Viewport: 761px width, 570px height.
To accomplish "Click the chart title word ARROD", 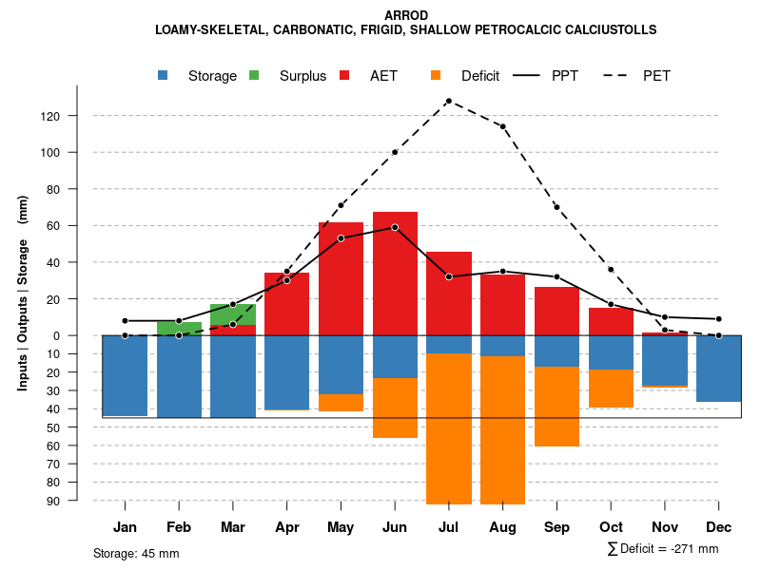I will tap(406, 15).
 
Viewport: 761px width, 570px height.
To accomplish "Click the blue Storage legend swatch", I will tap(164, 76).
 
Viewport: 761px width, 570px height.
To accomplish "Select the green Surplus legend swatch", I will tap(254, 76).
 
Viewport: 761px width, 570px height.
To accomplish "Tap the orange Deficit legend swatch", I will tap(436, 76).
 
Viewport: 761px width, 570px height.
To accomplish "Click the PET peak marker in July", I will tap(448, 101).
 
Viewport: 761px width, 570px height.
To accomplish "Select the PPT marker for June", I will tap(395, 227).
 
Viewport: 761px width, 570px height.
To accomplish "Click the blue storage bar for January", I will tap(125, 375).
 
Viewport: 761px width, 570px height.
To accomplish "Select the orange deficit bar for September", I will tap(556, 406).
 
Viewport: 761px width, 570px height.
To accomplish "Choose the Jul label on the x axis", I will tap(449, 527).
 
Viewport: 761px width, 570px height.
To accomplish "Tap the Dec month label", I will tap(718, 527).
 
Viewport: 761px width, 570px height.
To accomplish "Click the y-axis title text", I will tap(23, 292).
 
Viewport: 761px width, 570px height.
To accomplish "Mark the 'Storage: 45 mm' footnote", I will tap(136, 553).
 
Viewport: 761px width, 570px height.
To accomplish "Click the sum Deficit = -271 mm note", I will tap(662, 549).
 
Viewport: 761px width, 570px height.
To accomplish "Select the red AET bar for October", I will tap(611, 322).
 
